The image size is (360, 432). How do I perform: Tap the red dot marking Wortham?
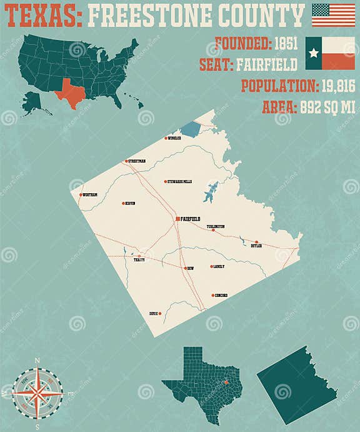(x=81, y=195)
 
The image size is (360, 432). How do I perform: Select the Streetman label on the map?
(x=137, y=161)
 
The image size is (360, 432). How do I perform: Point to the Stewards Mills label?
(x=181, y=182)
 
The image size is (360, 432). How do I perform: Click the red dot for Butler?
(x=256, y=242)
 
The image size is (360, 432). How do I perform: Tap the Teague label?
(x=139, y=260)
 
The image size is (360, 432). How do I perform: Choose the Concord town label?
(x=221, y=295)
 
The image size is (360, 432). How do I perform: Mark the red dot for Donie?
(x=160, y=313)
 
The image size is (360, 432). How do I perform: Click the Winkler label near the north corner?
(x=175, y=138)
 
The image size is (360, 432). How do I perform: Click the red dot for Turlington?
(x=213, y=230)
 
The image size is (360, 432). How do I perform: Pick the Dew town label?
(x=191, y=268)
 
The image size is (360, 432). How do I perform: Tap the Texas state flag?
(x=330, y=53)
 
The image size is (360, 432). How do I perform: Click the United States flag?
(x=333, y=15)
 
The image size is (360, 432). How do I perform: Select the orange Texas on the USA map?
(x=71, y=93)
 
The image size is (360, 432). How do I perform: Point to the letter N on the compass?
(x=37, y=361)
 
